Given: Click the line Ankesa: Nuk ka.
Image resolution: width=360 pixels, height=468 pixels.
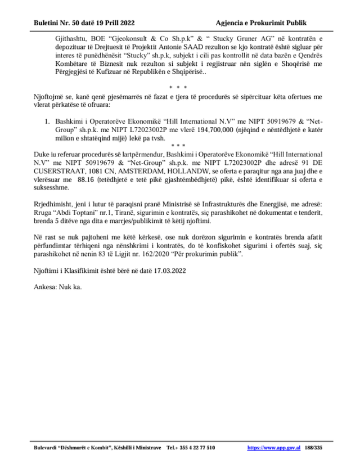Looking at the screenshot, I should (57, 286).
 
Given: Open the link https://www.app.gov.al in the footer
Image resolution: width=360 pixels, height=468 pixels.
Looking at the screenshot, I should (274, 448).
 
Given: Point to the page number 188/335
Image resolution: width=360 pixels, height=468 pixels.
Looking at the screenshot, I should (314, 448).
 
